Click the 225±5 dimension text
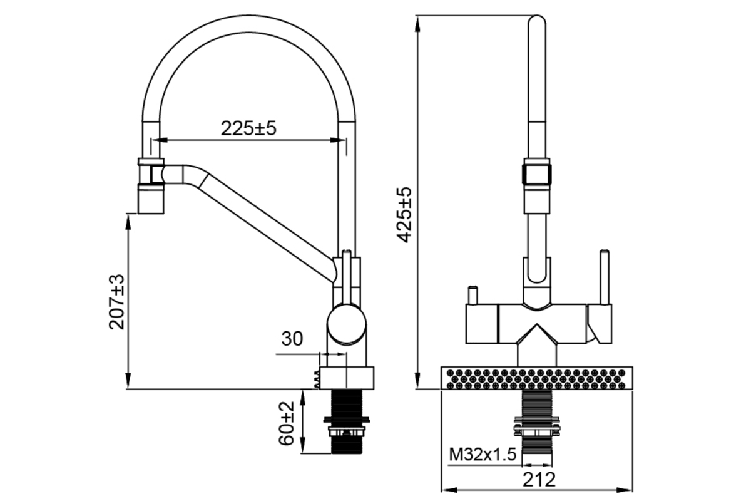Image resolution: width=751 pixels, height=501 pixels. point(248,128)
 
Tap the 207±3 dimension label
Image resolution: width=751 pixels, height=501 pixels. point(117,301)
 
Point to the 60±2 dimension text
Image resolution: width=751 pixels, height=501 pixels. point(287,423)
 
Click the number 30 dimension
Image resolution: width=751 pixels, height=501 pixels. point(292,339)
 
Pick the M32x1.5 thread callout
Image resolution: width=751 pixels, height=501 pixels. point(483,454)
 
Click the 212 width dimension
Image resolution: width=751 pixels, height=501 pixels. point(539,479)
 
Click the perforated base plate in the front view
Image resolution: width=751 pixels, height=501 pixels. point(539,378)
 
